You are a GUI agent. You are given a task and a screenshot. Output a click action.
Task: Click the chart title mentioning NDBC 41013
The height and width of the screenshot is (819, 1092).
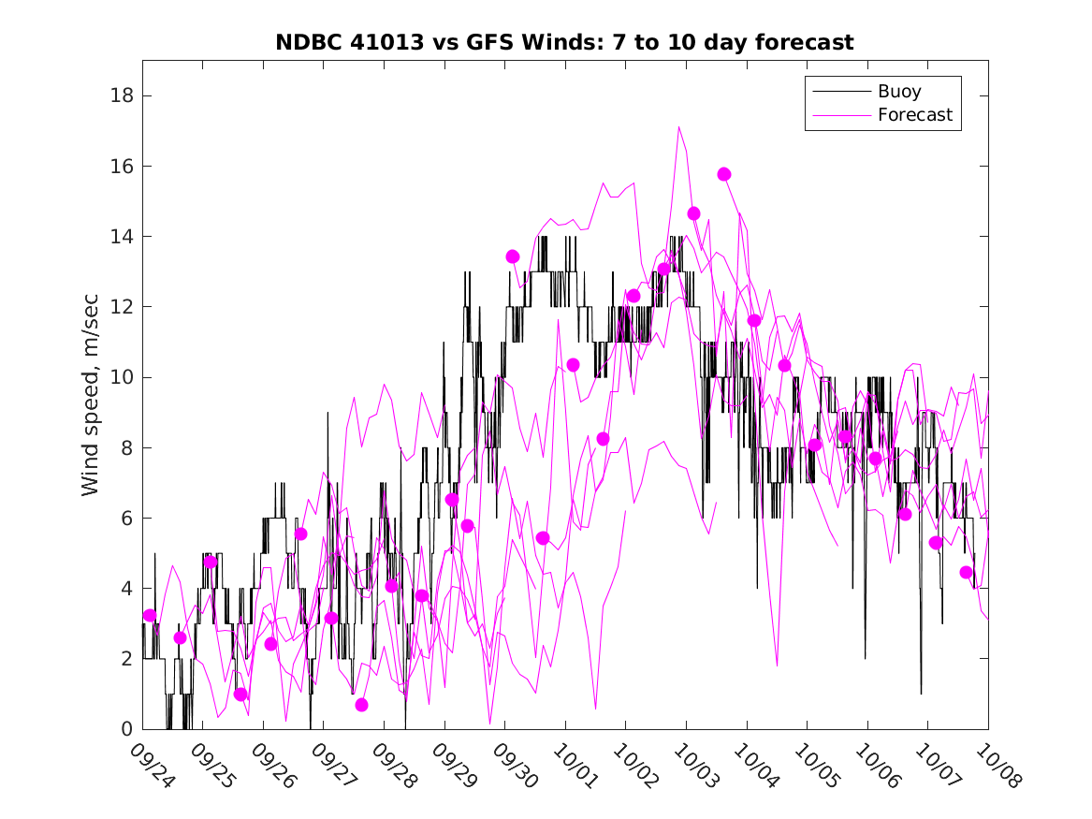click(564, 43)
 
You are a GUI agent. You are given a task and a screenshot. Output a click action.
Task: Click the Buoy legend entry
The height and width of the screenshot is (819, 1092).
click(898, 92)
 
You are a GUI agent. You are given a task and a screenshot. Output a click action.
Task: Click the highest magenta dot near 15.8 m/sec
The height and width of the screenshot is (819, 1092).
click(724, 174)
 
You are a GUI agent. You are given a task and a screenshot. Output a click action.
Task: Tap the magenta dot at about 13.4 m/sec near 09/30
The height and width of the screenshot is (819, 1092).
click(513, 256)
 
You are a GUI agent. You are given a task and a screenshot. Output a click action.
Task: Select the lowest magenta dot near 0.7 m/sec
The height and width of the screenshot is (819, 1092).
click(361, 705)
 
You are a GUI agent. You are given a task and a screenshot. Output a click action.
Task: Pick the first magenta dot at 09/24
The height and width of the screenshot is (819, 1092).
click(150, 615)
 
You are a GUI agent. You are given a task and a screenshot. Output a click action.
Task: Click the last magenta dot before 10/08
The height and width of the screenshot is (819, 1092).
click(966, 572)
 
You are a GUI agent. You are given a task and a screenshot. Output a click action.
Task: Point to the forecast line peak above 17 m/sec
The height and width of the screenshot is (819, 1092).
click(678, 126)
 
